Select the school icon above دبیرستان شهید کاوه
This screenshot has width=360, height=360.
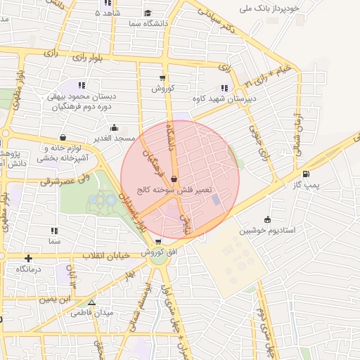[224, 88]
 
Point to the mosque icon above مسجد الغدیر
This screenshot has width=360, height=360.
[115, 128]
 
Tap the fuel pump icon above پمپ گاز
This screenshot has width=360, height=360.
[306, 174]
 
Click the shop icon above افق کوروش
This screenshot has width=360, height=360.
[158, 241]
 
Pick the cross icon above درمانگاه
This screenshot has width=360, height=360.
[27, 259]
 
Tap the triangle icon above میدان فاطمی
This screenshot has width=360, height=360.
[91, 302]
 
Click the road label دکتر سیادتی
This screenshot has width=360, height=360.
[219, 22]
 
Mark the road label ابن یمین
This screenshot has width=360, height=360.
[56, 299]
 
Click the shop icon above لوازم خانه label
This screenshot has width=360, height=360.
[63, 138]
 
